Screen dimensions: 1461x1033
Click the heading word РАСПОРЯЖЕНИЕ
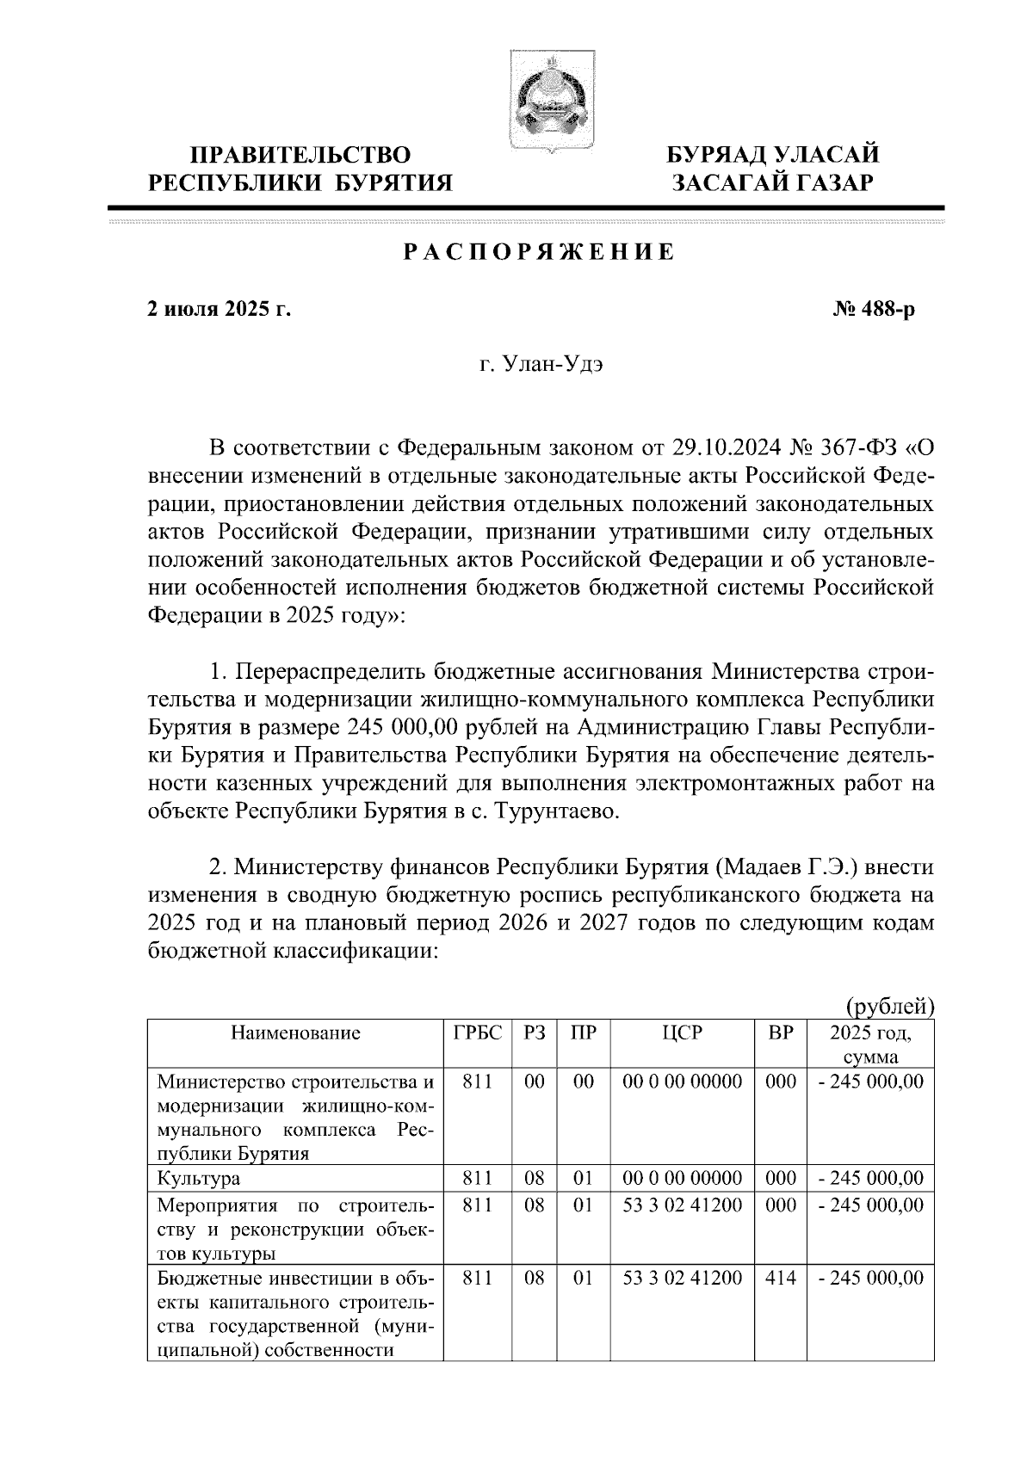[x=539, y=252]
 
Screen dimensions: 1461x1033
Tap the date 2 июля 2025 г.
[x=220, y=309]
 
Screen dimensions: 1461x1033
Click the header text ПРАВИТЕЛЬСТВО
[x=300, y=156]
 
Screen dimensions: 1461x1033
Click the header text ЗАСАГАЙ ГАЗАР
[x=773, y=182]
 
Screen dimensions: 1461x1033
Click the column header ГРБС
[x=478, y=1033]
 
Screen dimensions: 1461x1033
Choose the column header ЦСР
[x=682, y=1033]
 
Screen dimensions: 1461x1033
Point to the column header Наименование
[x=294, y=1033]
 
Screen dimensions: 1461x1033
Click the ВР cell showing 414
[x=781, y=1279]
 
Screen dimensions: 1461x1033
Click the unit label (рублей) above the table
[x=889, y=1006]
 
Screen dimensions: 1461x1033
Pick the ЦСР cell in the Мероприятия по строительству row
[x=682, y=1205]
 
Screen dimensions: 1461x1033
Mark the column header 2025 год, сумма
[x=870, y=1045]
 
